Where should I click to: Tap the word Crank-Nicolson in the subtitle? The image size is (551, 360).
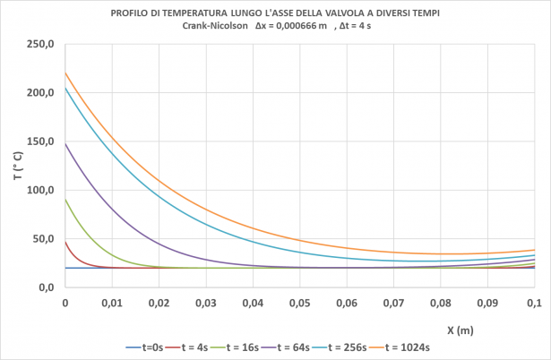tap(211, 26)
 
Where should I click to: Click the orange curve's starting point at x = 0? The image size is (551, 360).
tap(66, 73)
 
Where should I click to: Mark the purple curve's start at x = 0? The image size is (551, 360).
tap(66, 143)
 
